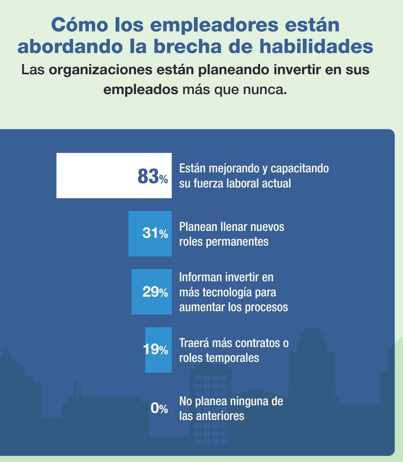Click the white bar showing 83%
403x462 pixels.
click(114, 175)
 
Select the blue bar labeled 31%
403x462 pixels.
click(150, 234)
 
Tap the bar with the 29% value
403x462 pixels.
click(151, 292)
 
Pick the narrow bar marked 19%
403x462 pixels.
click(158, 350)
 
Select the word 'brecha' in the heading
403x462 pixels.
click(203, 47)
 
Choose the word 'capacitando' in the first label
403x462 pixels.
click(299, 168)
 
